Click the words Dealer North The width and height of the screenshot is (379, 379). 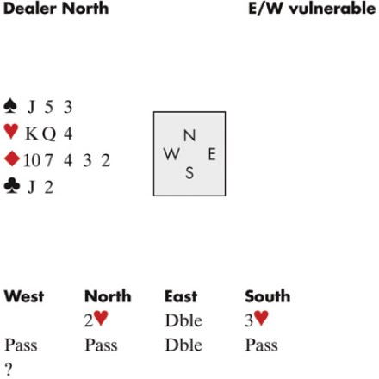pos(56,8)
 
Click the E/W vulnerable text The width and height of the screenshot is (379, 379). pos(312,8)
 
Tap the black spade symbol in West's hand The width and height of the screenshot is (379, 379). pos(10,106)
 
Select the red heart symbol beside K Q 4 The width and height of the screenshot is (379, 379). pos(11,132)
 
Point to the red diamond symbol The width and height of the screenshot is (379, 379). pos(12,158)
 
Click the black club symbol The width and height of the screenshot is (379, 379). pos(12,186)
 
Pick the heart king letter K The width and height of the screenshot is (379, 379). pos(32,134)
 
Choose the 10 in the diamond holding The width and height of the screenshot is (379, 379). pos(32,160)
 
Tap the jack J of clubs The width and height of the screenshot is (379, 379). pos(31,187)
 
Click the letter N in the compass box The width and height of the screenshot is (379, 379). pos(189,135)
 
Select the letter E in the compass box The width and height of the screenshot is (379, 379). pos(212,154)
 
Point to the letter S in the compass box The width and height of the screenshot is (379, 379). pos(189,173)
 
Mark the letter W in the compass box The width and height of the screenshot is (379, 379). pos(172,154)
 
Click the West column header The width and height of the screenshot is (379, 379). pos(24,296)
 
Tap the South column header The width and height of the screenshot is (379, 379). pos(268,296)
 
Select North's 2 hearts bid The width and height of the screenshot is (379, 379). pos(96,320)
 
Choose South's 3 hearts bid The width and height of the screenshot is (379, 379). pos(257,320)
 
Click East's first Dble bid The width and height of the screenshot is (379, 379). pos(183,320)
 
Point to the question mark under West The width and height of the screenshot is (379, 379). pos(9,370)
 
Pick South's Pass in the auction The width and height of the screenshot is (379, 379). pos(261,345)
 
